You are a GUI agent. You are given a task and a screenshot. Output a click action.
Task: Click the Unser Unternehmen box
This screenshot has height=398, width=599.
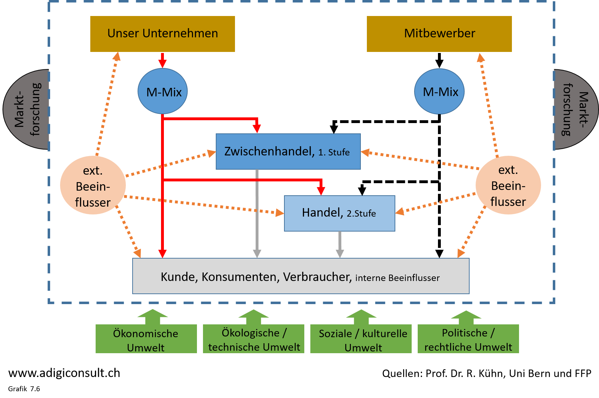point(162,34)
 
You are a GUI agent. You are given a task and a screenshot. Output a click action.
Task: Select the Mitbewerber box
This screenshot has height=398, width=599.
point(439,34)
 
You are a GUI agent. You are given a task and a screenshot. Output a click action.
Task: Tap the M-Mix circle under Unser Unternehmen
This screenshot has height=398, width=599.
point(162,91)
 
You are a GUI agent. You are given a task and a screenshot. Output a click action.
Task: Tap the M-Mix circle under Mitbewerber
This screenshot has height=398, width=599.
point(439,91)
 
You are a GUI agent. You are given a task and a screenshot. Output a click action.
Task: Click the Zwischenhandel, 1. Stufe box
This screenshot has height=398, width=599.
point(288,152)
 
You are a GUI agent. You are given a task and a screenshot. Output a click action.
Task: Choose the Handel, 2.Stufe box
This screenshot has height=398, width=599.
point(339,213)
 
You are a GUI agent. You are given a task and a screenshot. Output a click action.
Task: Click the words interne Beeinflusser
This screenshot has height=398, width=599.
point(397,278)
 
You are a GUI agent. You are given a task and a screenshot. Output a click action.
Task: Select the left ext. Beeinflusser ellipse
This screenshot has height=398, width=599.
point(93,185)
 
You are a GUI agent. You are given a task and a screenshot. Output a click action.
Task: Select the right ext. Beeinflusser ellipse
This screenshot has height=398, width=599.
point(508,185)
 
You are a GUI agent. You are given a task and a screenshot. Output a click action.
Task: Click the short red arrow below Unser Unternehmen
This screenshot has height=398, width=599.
point(162,60)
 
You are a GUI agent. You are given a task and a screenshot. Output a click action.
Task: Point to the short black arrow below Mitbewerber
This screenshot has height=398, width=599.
point(439,60)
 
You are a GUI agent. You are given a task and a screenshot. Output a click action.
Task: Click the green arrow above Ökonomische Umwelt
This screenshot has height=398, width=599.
point(153,316)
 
